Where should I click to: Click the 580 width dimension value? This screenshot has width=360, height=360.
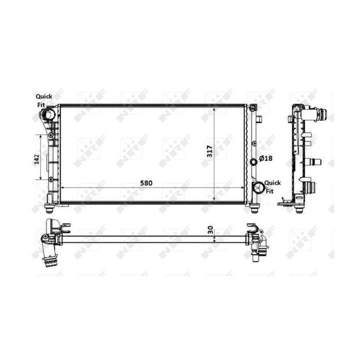(x=146, y=183)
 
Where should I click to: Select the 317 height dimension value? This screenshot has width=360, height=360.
(x=210, y=151)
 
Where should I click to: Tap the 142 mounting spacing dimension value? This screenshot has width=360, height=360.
(x=37, y=159)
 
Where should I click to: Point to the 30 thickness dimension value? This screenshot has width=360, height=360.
(x=210, y=230)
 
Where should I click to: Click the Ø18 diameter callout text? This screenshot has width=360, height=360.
(x=266, y=158)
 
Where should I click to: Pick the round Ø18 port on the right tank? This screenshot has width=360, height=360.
(x=254, y=162)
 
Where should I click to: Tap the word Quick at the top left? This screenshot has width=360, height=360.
(x=44, y=97)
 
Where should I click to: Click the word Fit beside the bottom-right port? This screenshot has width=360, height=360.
(x=269, y=191)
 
